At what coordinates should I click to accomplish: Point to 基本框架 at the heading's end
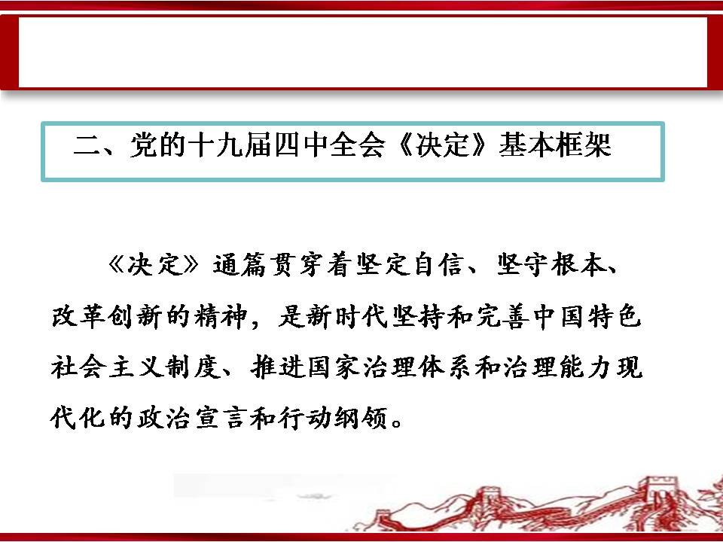[x=555, y=145]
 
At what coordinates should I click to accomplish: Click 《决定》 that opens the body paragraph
[x=154, y=265]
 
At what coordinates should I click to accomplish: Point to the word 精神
[x=221, y=316]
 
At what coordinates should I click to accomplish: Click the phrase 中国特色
[x=587, y=316]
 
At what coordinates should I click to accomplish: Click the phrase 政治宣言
[x=191, y=419]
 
